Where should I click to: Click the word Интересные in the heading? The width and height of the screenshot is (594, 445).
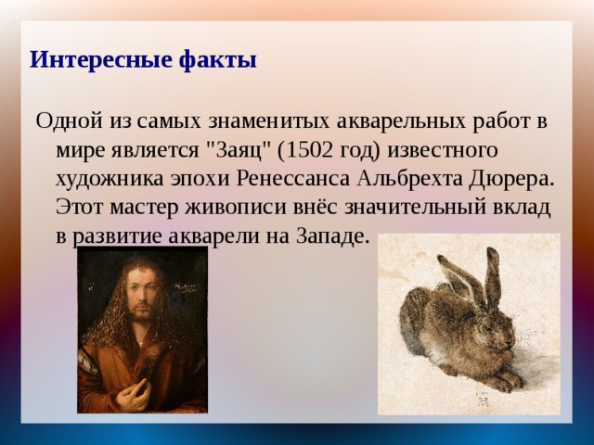tap(100, 59)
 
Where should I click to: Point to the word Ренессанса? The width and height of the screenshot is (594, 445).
tap(293, 179)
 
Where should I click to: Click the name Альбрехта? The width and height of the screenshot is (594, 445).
tap(409, 180)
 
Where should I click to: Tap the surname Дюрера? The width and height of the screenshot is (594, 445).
tap(509, 180)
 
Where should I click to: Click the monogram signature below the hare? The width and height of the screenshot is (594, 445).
tap(483, 400)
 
